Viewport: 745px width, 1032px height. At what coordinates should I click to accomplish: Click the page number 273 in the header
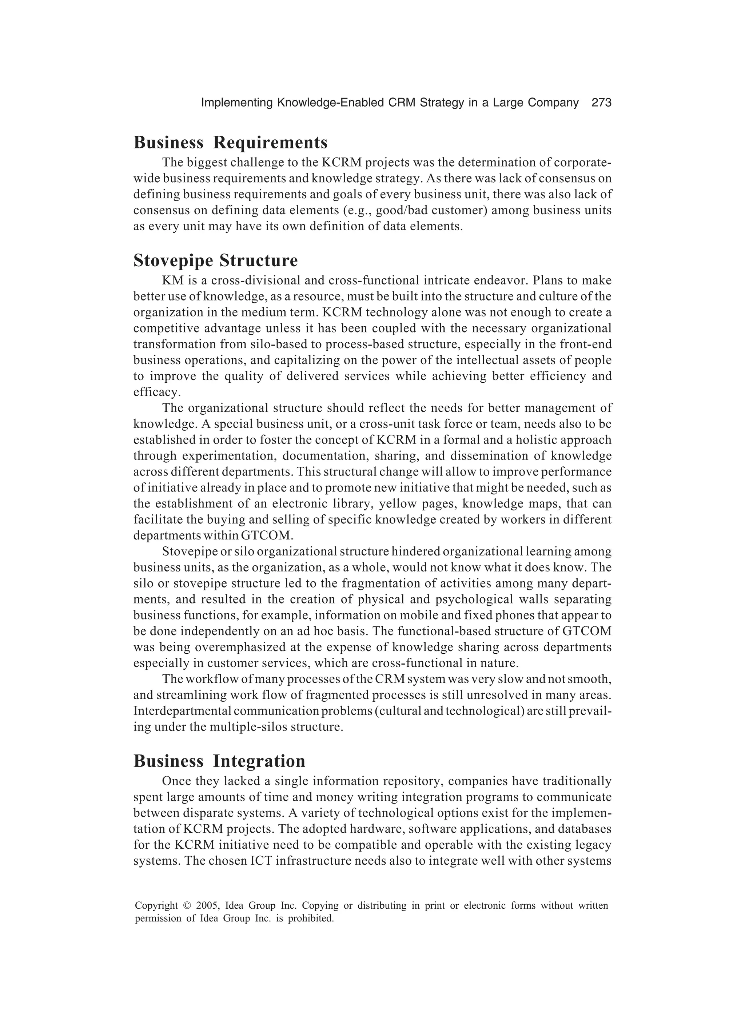point(601,103)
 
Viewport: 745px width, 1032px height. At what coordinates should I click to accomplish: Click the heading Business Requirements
point(230,143)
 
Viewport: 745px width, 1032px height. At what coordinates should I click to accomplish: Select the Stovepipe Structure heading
point(216,261)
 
